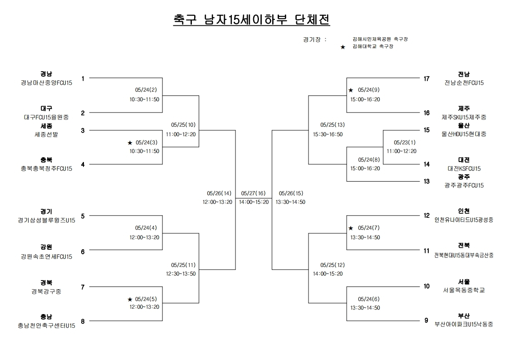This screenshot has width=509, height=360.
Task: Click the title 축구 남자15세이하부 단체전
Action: point(252,20)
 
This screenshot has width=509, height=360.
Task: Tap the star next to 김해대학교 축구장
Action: point(343,47)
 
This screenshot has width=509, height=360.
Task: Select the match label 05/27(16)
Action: point(254,193)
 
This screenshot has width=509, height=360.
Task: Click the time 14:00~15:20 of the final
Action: point(254,202)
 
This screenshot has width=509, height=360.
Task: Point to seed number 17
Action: point(426,79)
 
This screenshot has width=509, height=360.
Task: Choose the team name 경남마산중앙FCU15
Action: point(46,83)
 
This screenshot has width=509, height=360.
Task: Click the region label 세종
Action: point(46,126)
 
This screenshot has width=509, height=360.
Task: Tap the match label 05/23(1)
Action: point(405,142)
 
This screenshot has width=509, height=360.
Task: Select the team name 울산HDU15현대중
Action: point(464,134)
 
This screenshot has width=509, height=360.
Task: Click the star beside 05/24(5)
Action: point(130,299)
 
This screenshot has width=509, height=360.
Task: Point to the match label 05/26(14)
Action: point(219,193)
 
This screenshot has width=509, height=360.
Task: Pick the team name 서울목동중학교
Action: point(464,290)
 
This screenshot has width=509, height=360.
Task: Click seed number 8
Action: point(83,321)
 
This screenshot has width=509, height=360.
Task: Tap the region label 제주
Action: point(464,108)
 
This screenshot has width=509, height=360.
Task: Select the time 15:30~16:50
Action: point(328,134)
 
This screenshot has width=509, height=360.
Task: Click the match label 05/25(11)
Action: point(183,265)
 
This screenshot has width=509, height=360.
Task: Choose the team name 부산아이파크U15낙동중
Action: point(464,324)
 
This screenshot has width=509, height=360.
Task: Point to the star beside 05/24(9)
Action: point(351,90)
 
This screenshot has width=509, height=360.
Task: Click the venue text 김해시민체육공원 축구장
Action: point(380,39)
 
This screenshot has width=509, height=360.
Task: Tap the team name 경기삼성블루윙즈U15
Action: point(46,220)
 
